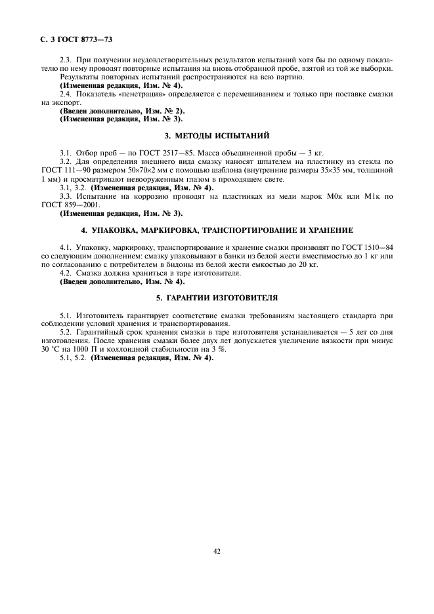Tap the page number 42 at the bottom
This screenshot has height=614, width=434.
(217, 550)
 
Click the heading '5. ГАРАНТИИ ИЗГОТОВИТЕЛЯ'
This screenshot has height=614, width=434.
(217, 297)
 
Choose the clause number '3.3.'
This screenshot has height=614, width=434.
(66, 195)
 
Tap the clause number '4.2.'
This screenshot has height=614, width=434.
(66, 272)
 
